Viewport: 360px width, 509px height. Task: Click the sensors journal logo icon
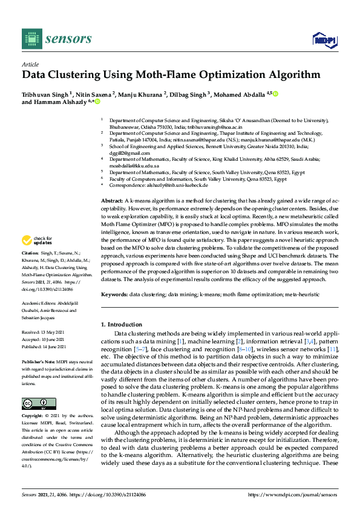(x=31, y=39)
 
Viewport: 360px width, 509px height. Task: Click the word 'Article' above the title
(x=30, y=64)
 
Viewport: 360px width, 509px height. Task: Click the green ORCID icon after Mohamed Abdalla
(x=275, y=94)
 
